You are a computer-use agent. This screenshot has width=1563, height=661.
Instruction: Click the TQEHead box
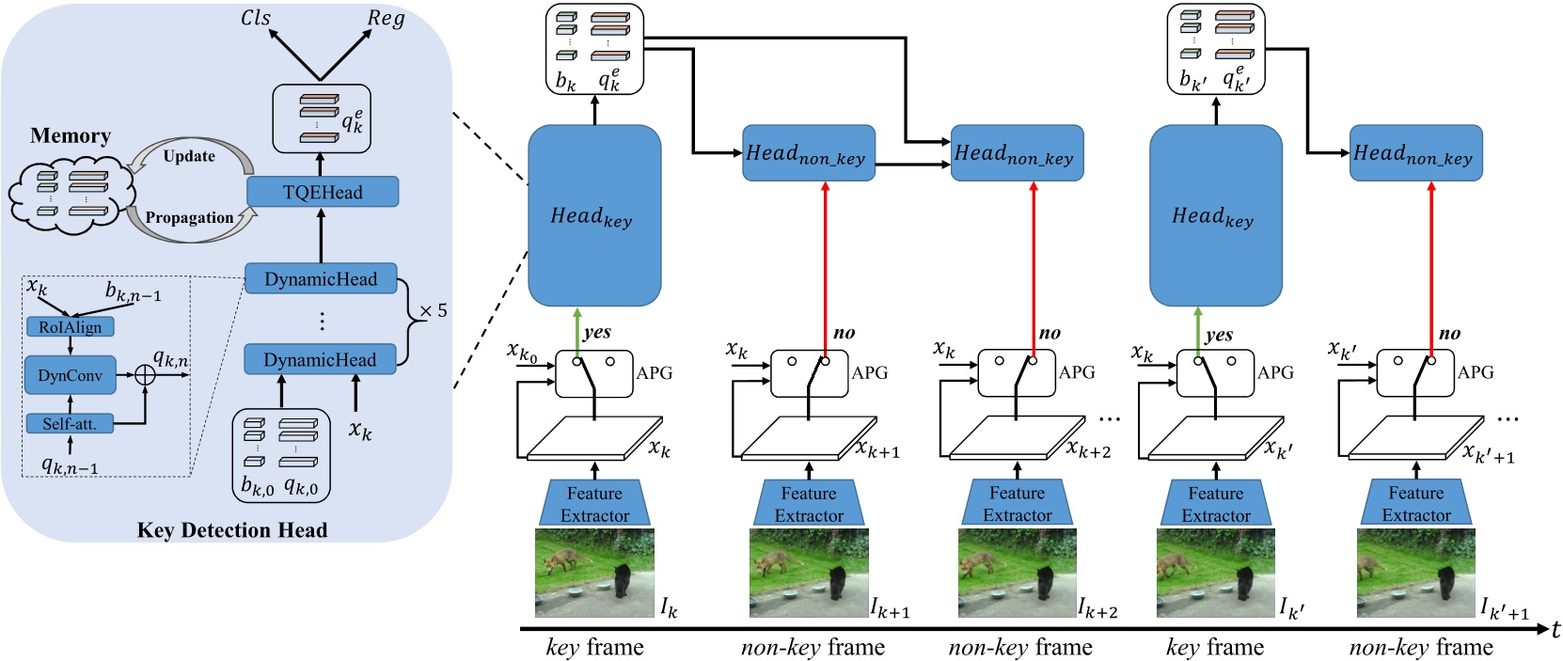tap(323, 193)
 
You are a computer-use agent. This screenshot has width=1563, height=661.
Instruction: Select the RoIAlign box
tap(71, 327)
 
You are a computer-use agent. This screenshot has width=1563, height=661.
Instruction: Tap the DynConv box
tap(71, 375)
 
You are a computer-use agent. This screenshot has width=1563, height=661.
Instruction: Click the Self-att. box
tap(70, 424)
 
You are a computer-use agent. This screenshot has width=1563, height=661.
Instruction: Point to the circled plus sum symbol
tap(145, 374)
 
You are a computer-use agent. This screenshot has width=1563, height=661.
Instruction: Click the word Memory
tap(71, 136)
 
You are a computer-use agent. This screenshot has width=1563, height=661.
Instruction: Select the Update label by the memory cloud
tap(189, 156)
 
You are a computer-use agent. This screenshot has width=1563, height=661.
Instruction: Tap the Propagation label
tap(189, 217)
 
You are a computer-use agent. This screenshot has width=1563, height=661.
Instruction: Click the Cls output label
tap(256, 18)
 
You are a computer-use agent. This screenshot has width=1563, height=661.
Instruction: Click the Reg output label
tap(386, 19)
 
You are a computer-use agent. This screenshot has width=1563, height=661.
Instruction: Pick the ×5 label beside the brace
tap(433, 311)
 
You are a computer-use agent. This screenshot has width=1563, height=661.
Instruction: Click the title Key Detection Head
tap(232, 530)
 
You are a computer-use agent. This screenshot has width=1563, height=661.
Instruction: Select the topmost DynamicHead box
tap(321, 279)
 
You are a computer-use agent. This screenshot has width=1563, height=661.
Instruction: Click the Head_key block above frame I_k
tap(594, 216)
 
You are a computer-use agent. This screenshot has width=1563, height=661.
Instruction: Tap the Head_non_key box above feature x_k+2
tap(1017, 153)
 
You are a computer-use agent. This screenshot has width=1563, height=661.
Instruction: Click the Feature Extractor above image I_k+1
tap(809, 504)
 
